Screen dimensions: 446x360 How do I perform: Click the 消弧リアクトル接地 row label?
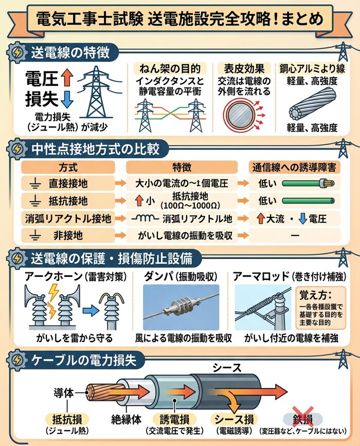coord(67,218)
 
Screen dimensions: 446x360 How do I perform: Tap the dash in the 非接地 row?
coord(295,236)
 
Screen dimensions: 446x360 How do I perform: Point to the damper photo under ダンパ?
coord(181,308)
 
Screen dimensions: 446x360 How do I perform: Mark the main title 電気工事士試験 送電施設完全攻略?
coord(180,19)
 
